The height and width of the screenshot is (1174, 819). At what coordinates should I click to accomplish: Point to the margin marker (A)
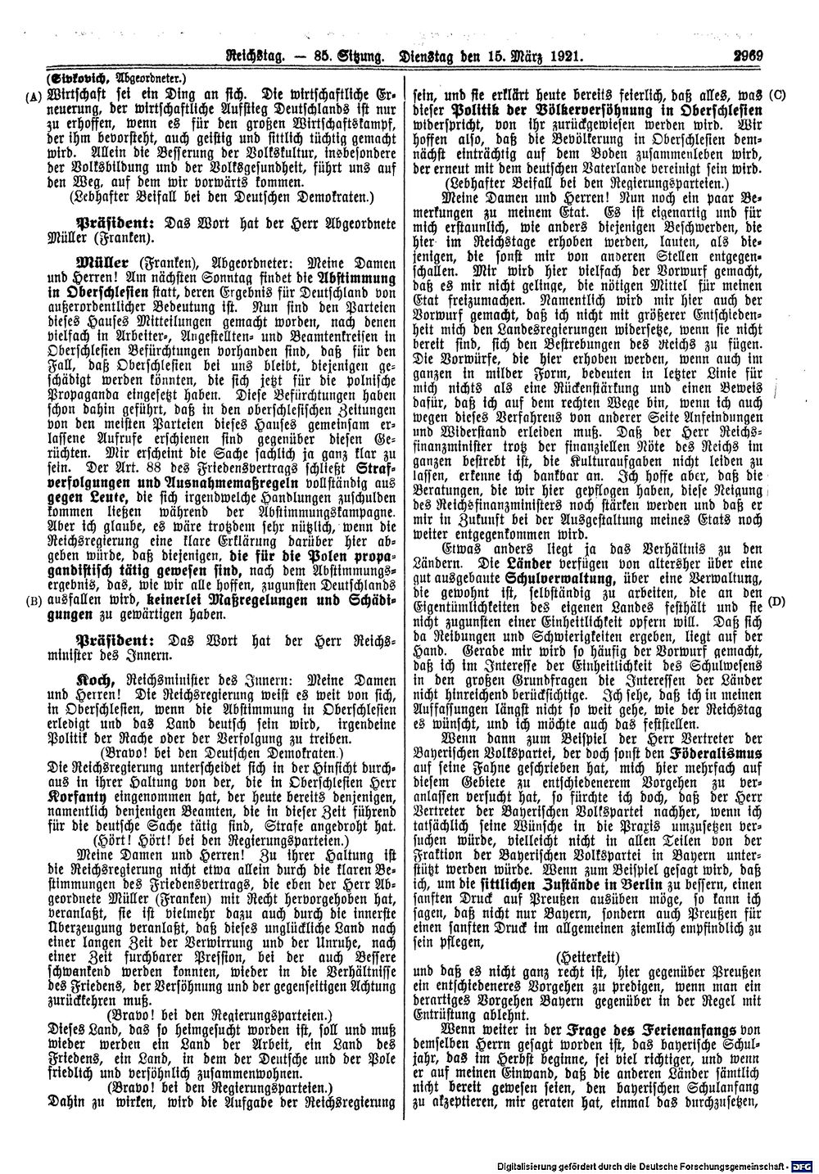tap(32, 93)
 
